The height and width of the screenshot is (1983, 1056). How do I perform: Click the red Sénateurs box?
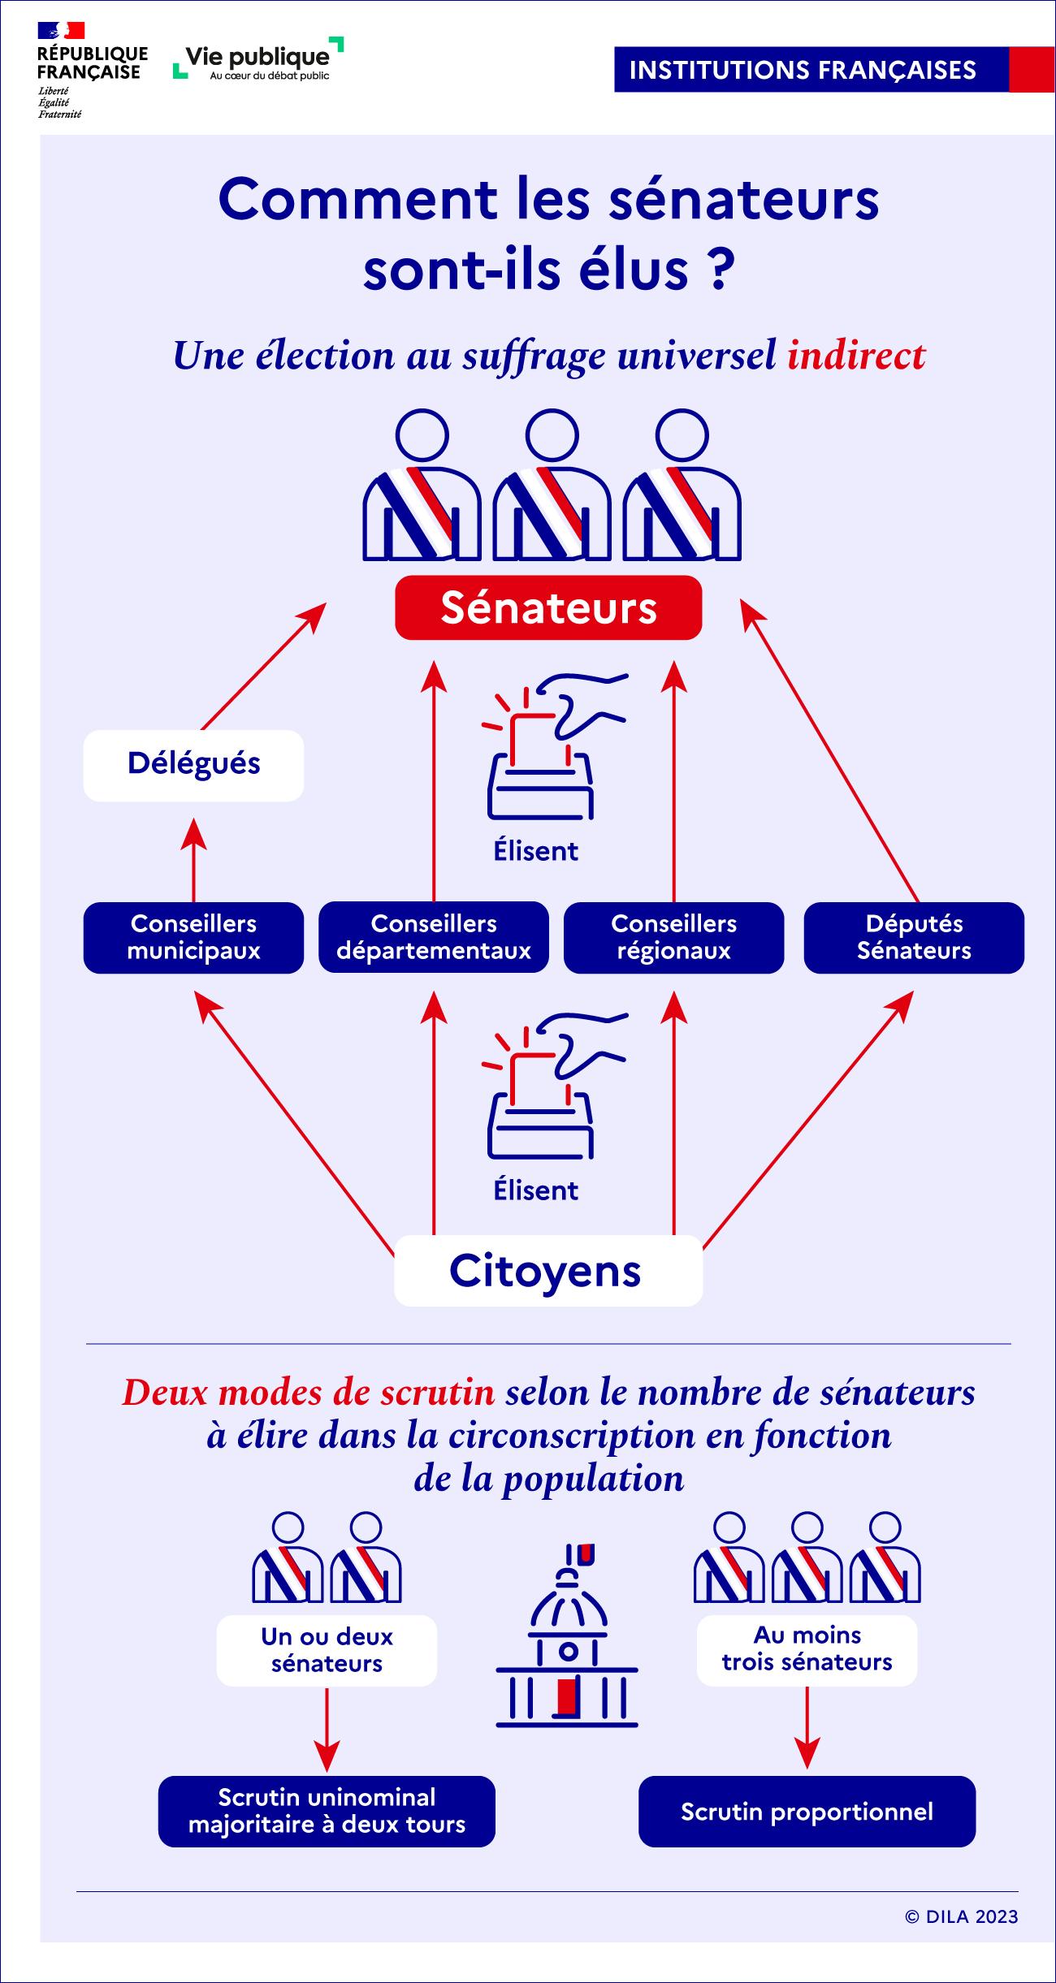548,608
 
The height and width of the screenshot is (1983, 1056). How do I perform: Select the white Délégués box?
193,765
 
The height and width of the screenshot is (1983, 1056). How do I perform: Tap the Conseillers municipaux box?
193,937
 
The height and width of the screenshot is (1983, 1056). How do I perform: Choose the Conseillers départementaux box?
433,937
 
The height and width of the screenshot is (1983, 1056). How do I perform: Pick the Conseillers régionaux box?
673,937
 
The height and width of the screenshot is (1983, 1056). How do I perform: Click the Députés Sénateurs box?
914,937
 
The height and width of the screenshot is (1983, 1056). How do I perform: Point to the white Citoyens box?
547,1271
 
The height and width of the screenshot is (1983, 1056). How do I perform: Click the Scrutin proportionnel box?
807,1812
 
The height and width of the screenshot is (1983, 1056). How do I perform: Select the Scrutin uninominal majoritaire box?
327,1812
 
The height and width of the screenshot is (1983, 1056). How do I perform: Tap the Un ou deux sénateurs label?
327,1650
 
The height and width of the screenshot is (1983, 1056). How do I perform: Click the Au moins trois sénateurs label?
807,1649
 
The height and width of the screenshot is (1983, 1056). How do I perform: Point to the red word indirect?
856,355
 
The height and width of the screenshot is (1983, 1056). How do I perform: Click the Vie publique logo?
258,59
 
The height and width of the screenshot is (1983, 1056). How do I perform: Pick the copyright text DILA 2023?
961,1916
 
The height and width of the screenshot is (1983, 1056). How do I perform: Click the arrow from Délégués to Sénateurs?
262,666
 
